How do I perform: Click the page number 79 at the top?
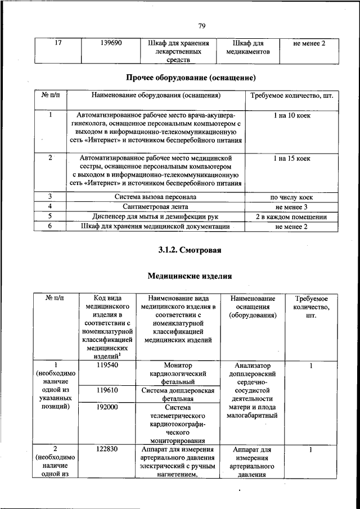202,25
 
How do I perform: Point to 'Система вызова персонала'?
155,197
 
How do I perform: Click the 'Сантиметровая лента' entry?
155,207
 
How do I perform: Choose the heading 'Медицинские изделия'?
190,276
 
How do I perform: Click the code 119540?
106,364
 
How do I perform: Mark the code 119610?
106,389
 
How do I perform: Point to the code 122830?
106,449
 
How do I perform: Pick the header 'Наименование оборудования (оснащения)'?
155,96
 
